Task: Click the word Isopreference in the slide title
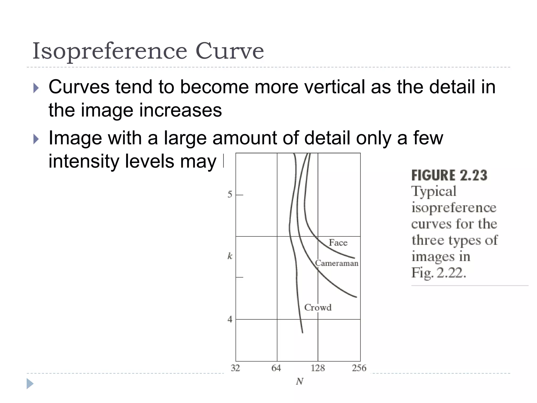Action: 110,51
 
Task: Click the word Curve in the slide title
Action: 229,51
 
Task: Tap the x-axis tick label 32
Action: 235,368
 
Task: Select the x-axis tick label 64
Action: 276,368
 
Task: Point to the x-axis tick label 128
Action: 318,368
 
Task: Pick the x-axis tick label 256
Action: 359,368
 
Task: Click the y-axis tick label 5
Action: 230,194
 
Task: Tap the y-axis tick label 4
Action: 230,319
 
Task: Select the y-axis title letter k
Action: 230,256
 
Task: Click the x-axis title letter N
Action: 299,381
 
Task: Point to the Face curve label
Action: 338,242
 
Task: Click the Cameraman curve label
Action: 337,263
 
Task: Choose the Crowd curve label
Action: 318,307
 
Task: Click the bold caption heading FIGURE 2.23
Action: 449,175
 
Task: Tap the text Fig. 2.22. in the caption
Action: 439,273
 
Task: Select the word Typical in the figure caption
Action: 434,191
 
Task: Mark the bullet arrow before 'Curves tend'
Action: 36,88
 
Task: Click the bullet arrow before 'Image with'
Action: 36,139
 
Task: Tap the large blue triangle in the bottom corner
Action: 30,384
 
